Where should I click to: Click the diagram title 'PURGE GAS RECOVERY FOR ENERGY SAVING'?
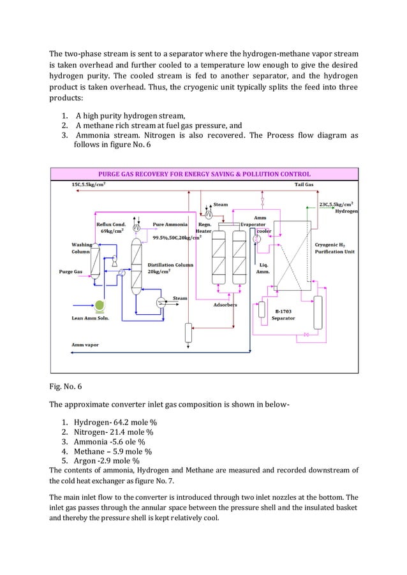pos(204,173)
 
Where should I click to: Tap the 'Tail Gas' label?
pos(304,185)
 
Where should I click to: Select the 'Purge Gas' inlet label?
pos(70,271)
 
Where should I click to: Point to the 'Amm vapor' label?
pos(84,345)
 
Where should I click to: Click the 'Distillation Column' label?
pos(170,265)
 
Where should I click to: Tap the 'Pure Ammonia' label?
pos(170,224)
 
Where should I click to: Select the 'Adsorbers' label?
pos(225,305)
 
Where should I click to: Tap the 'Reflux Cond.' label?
pos(111,224)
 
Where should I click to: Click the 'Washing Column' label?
pos(81,248)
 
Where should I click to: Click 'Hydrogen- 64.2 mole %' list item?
pos(115,422)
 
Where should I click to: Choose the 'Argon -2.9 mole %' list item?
pos(107,460)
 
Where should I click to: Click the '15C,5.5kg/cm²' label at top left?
pos(89,185)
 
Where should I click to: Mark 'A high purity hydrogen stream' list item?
pos(130,115)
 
